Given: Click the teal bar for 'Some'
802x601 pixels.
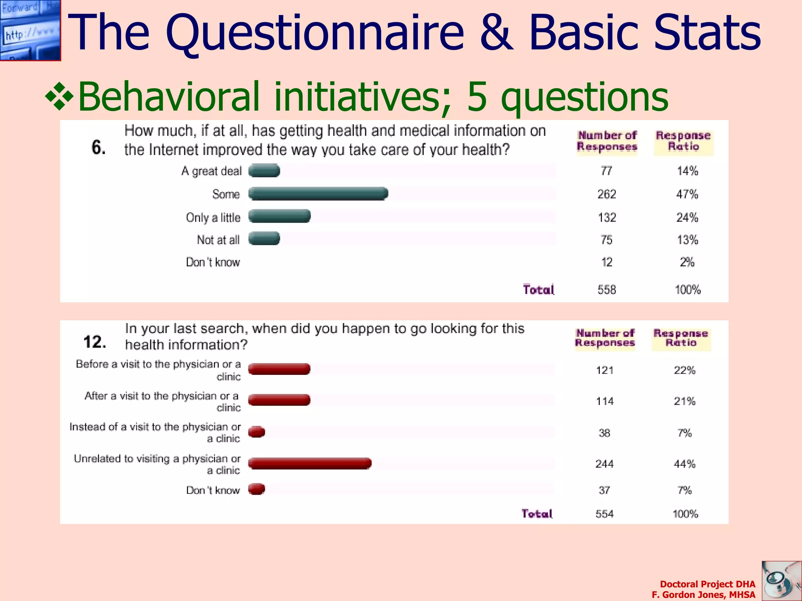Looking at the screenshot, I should pos(318,194).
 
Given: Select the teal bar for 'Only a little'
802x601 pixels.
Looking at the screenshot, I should pos(280,216).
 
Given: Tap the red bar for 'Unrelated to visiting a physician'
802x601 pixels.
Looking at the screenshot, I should pos(310,464).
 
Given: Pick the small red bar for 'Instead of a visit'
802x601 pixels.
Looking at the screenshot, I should pos(257,432).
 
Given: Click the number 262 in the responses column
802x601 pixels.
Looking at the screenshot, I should pos(607,194).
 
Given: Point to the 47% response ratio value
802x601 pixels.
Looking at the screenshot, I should pos(687,194).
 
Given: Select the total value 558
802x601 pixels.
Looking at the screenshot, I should pos(607,290).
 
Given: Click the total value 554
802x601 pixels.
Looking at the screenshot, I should pos(604,514).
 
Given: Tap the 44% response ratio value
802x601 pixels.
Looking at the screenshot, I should pos(685,464).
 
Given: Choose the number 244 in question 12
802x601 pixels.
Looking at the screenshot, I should pos(604,464).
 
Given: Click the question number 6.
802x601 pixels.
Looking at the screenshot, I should pos(99,148).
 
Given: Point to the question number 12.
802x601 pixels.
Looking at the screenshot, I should pos(95,342).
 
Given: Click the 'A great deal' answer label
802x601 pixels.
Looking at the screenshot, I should pos(211,171).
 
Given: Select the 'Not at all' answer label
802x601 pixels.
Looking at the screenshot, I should pos(218,240).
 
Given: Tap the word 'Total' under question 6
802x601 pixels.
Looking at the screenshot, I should pos(538,290).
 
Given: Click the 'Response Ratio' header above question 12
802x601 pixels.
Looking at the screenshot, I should pos(681,338).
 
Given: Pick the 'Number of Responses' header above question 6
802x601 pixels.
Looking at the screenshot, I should pos(607,141).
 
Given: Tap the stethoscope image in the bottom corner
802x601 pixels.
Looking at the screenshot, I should pos(781,581).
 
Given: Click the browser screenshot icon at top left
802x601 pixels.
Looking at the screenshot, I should pos(30,30).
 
